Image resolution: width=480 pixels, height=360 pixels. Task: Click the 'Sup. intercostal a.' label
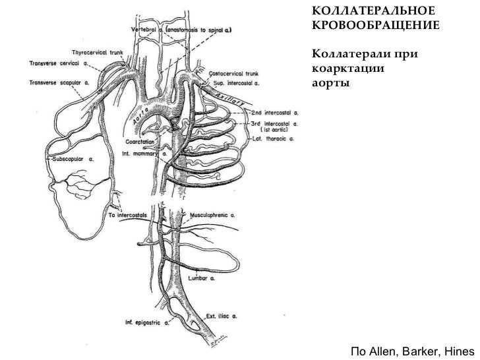click(x=238, y=85)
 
